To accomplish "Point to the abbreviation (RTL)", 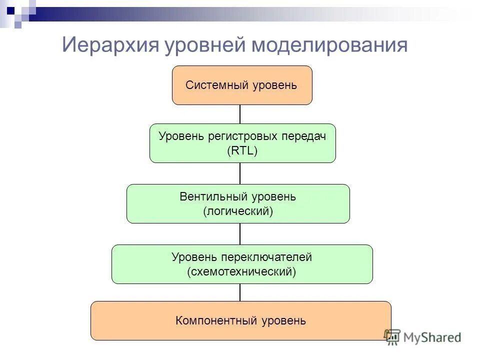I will click(x=242, y=150).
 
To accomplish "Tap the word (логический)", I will click(x=238, y=211).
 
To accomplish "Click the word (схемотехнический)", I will click(x=242, y=272).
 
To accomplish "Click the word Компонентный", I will click(x=216, y=320).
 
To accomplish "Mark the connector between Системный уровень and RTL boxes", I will click(x=240, y=114).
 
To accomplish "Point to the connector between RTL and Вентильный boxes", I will click(x=240, y=173).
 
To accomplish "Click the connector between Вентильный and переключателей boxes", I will click(x=240, y=233).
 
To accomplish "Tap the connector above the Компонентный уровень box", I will click(x=240, y=292).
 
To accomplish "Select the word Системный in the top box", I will click(x=209, y=85).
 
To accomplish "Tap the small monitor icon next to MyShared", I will click(x=392, y=336).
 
